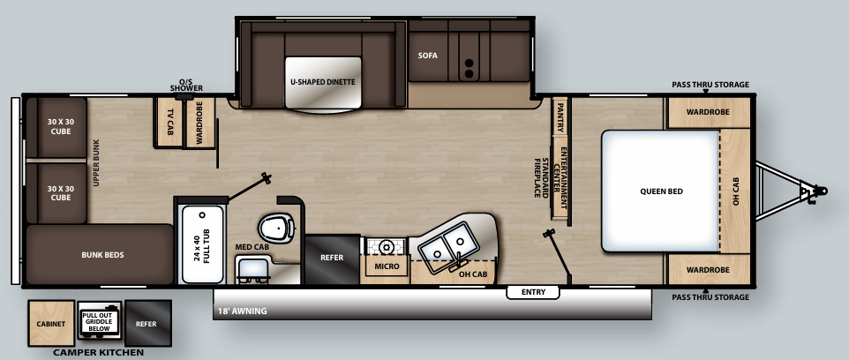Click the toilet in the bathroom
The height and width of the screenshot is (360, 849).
pos(276,229)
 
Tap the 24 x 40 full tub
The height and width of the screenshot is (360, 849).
pos(202,244)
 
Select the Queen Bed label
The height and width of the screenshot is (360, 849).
pos(661,191)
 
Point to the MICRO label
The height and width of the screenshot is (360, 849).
pos(387,266)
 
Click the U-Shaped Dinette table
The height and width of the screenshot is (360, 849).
pos(323,82)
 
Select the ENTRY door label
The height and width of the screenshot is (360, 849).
pos(533,292)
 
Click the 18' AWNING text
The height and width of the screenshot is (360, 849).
pos(242,311)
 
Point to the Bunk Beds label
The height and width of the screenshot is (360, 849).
pos(102,255)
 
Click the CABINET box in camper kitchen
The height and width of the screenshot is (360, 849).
pos(52,324)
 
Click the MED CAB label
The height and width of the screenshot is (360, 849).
pos(252,247)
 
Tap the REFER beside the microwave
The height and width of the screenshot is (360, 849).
pos(333,258)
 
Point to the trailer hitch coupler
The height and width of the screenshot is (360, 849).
pos(818,190)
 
